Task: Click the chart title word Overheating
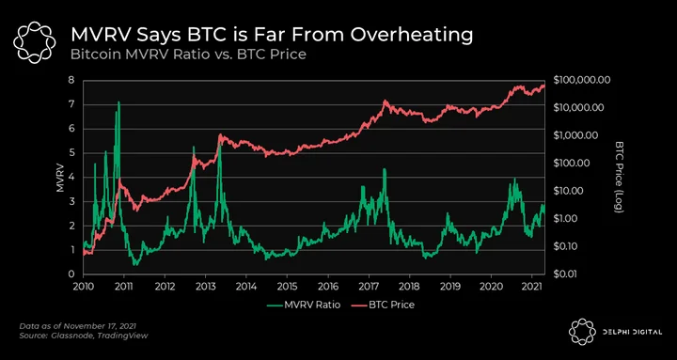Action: (412, 36)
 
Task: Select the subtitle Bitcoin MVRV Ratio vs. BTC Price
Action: (188, 55)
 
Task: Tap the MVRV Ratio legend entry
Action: (304, 305)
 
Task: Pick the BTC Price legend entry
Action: (383, 305)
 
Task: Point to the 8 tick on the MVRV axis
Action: (71, 80)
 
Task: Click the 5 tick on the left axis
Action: (71, 153)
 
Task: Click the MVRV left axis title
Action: (61, 177)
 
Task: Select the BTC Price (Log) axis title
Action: (619, 177)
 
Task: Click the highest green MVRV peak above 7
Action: (118, 102)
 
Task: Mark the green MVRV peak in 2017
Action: (385, 169)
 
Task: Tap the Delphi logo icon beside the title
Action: (34, 42)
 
